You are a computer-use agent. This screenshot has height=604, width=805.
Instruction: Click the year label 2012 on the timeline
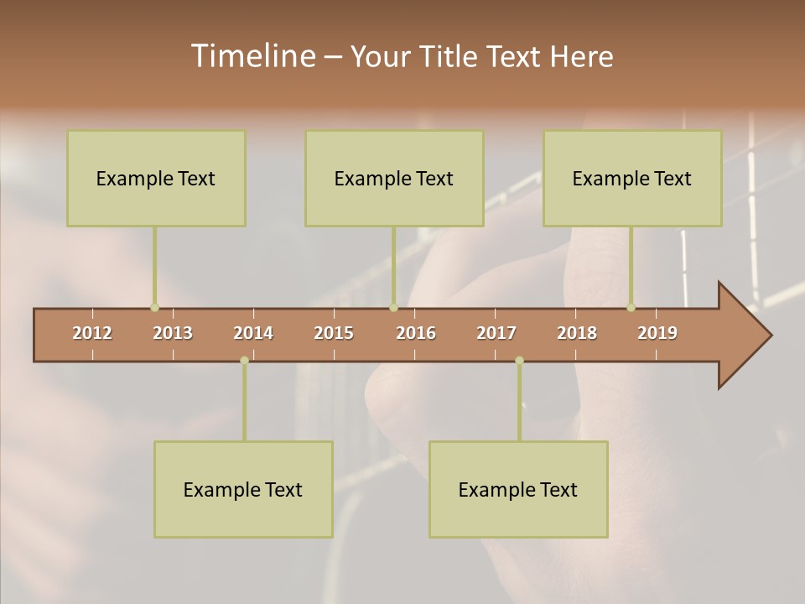(92, 333)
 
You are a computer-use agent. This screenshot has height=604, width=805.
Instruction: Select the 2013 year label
(173, 333)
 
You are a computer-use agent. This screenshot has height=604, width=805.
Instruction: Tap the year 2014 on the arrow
(253, 333)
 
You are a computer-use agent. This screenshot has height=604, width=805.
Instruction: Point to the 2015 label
(334, 333)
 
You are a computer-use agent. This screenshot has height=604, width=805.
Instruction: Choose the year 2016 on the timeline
(416, 333)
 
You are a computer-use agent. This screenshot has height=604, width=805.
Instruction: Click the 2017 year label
(496, 333)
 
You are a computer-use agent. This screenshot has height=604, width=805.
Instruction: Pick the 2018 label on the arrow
(577, 333)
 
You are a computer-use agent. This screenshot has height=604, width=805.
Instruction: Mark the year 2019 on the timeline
(657, 333)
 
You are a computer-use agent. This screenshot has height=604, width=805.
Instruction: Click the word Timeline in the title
(252, 56)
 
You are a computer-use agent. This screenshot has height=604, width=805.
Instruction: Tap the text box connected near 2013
(156, 178)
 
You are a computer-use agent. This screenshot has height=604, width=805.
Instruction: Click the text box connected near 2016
(394, 178)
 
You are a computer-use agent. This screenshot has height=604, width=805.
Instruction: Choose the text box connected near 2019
(632, 178)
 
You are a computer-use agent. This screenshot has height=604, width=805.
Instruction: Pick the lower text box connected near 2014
(243, 489)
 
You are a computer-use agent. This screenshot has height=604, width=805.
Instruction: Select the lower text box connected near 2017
(518, 489)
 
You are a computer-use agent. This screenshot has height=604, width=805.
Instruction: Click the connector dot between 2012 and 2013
(154, 307)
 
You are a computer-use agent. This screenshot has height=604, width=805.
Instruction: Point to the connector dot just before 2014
(244, 361)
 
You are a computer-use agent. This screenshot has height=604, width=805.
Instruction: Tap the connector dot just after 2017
(519, 361)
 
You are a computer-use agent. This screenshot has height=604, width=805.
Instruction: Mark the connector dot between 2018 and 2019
(631, 307)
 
